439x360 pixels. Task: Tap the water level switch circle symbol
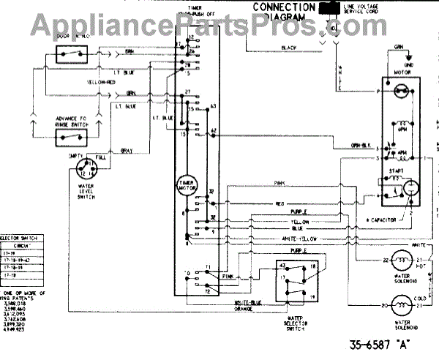[86, 170]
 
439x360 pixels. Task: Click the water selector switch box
[293, 283]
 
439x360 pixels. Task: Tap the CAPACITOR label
[382, 219]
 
